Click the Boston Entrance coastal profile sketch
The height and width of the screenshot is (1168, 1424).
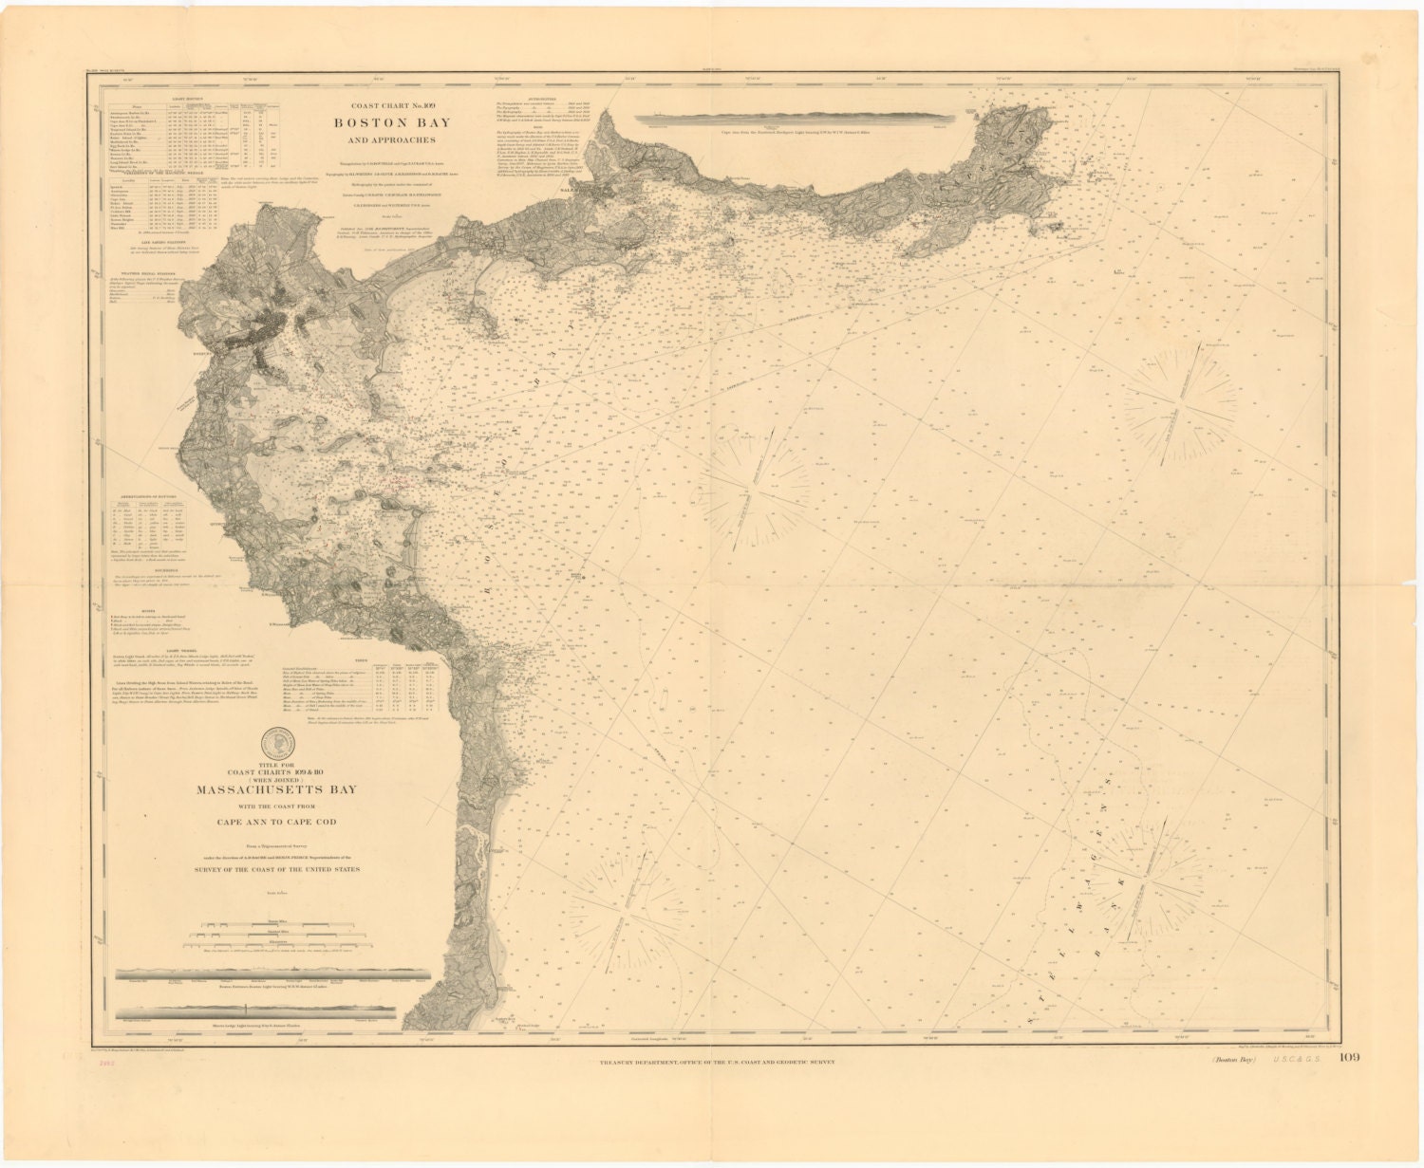click(x=272, y=975)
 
